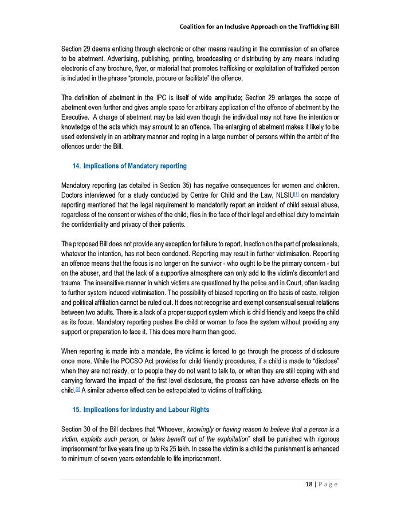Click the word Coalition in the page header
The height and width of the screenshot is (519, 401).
(195, 26)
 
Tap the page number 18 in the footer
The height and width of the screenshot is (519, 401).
(309, 484)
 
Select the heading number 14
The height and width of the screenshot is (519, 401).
(76, 166)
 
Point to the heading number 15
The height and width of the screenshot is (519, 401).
(76, 410)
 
